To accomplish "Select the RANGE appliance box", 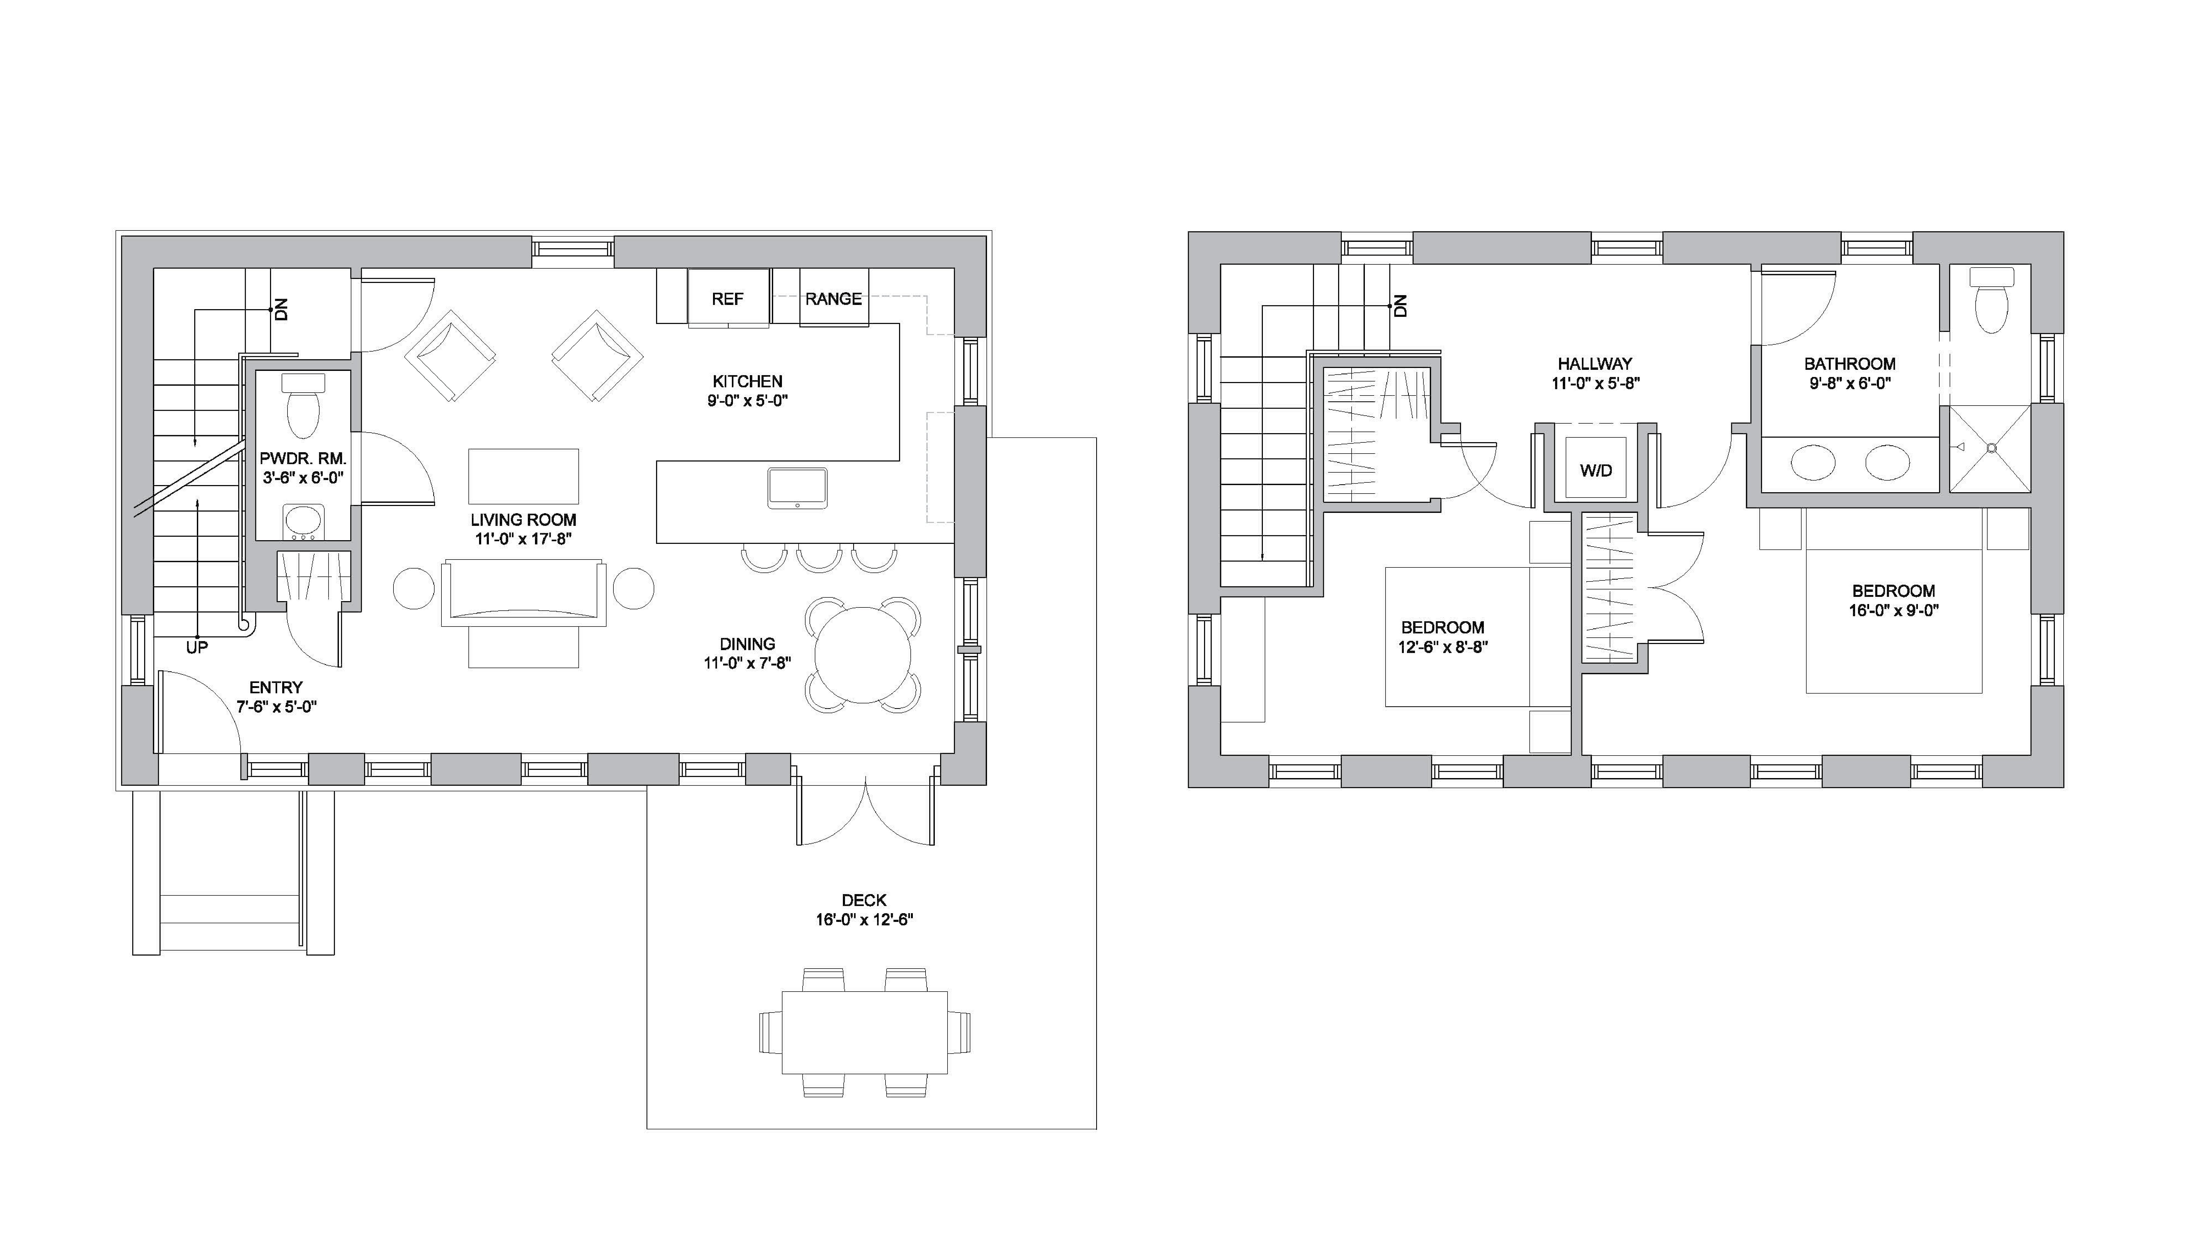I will pos(833,298).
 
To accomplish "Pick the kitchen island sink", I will pos(797,488).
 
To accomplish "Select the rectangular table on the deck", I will pos(864,1032).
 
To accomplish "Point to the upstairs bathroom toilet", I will pos(1991,302).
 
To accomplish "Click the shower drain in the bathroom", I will pos(1991,447).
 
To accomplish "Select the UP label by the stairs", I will pos(197,648).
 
